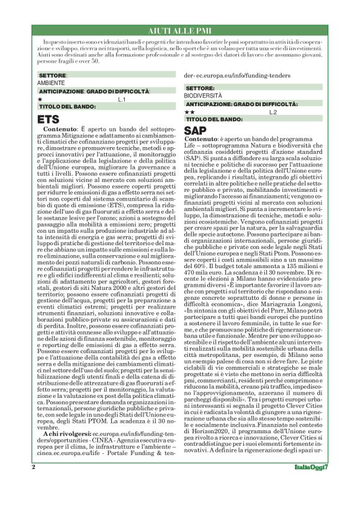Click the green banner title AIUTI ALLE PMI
coord(180,30)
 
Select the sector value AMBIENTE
coord(51,83)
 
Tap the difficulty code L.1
coord(122,99)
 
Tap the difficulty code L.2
coord(273,112)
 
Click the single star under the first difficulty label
coord(40,99)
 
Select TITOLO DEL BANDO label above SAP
coord(214,119)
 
